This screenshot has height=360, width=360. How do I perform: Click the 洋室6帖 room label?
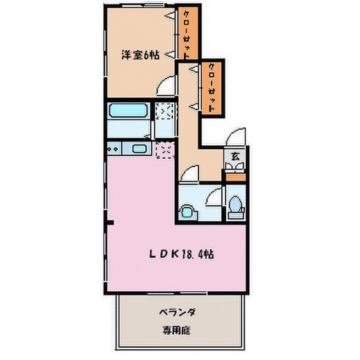click(x=140, y=55)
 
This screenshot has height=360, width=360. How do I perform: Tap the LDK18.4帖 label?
click(x=181, y=254)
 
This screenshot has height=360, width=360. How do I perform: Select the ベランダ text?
click(x=177, y=312)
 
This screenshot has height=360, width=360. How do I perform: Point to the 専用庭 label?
click(x=177, y=330)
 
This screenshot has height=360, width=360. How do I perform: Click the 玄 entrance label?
click(x=235, y=156)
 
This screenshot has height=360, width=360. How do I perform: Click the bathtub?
click(x=129, y=111)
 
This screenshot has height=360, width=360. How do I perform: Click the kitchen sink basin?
click(x=139, y=148)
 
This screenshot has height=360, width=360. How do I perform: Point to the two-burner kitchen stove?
click(x=114, y=148)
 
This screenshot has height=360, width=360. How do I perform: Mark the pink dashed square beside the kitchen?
click(x=165, y=150)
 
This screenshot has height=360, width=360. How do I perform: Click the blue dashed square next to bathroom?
click(x=165, y=111)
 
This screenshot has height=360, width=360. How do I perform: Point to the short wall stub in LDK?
click(x=109, y=222)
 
